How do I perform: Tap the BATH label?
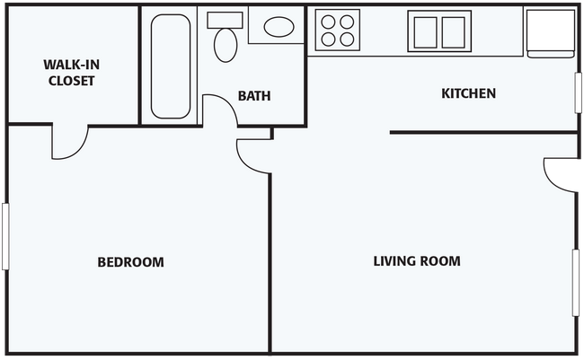254,96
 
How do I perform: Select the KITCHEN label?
468,93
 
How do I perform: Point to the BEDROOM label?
130,262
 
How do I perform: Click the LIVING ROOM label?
416,261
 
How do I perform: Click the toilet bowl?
223,44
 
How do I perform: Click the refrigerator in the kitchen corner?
548,32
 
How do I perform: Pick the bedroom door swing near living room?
252,155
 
